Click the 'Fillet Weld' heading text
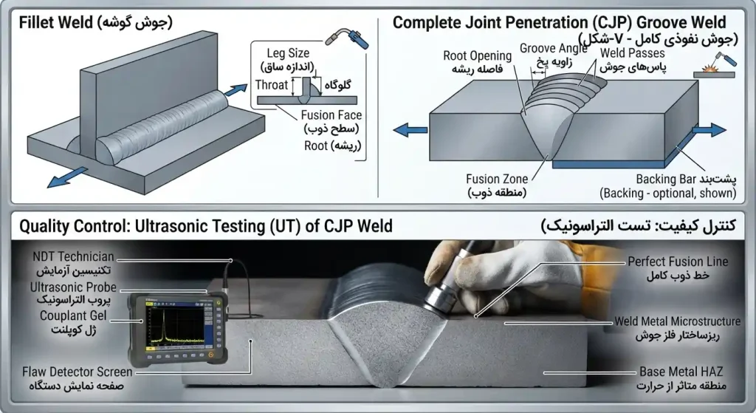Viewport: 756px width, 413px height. point(56,23)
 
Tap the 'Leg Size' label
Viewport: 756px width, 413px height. point(288,53)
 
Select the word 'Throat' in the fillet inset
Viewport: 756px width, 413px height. point(272,85)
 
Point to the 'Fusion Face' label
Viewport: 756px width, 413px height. point(331,115)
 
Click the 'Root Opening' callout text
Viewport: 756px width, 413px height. point(478,56)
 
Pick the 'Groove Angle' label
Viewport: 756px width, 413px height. point(554,48)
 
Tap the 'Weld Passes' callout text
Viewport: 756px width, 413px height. point(632,53)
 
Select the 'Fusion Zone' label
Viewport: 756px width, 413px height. point(497,179)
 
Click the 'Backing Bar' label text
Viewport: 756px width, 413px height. point(663,179)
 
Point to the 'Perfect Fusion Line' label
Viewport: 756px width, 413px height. point(678,262)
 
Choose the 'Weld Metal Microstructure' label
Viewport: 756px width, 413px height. point(678,321)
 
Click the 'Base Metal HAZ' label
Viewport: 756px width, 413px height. point(681,372)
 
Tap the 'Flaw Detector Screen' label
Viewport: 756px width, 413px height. point(77,372)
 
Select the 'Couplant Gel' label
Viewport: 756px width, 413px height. point(73,316)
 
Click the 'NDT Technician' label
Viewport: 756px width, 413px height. point(73,256)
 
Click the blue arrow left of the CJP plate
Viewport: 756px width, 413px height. point(410,130)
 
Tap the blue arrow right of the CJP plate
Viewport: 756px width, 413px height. point(709,129)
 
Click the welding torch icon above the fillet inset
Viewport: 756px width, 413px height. point(347,38)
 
